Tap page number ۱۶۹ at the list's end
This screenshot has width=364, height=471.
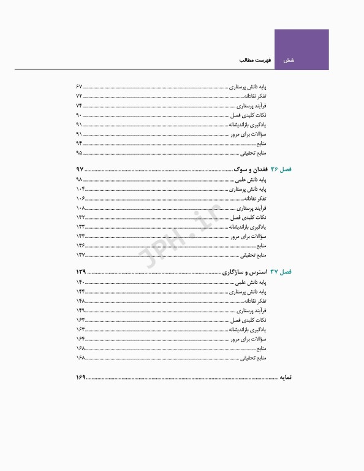point(80,376)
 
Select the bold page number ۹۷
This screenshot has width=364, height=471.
point(79,169)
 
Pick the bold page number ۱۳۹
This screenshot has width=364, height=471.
point(80,271)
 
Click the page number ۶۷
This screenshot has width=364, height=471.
point(79,86)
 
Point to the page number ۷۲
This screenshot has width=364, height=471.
point(79,96)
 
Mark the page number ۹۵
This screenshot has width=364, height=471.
point(79,152)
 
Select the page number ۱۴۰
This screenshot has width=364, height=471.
point(80,282)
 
